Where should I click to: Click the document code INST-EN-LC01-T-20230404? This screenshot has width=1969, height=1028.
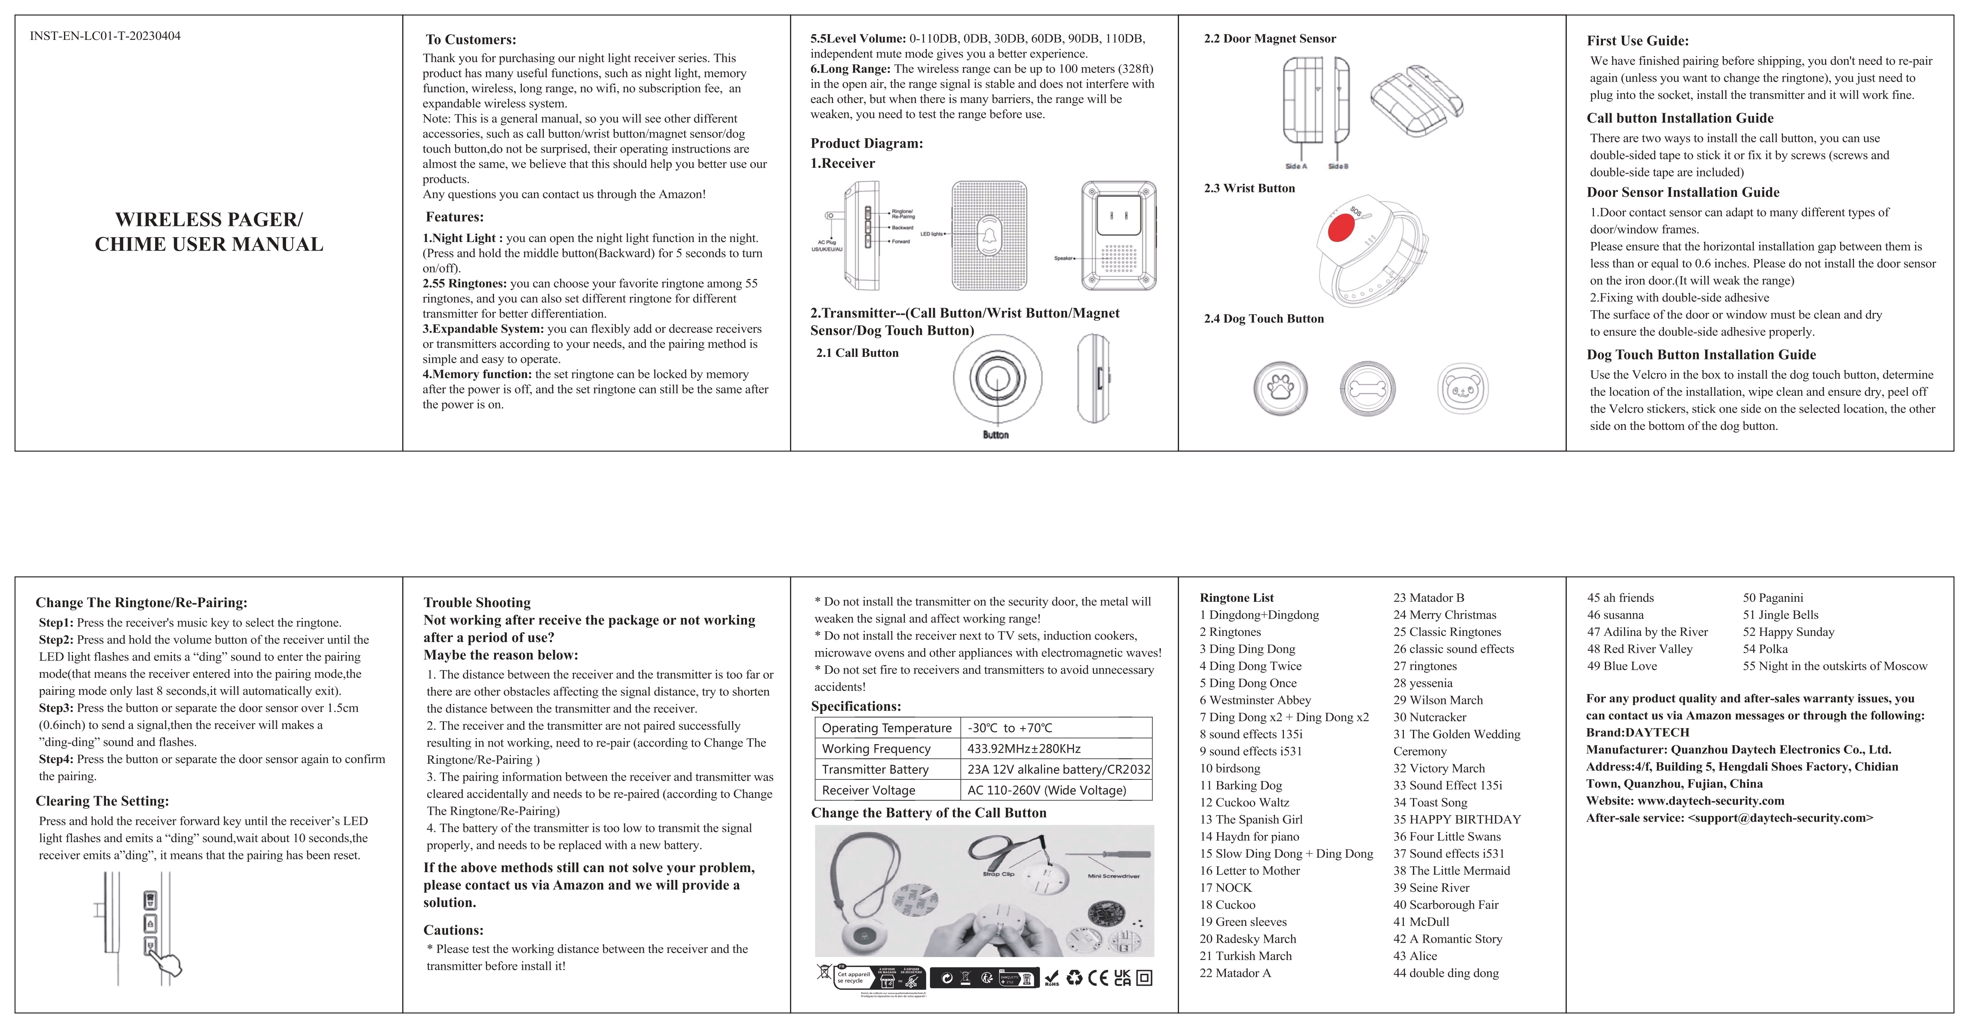pos(105,36)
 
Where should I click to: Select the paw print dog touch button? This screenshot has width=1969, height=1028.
pos(1280,388)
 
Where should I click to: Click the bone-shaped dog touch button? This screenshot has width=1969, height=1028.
pos(1367,389)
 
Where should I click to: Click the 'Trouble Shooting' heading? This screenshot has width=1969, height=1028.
pos(477,602)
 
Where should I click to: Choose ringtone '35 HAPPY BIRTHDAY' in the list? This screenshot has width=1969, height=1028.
pos(1457,819)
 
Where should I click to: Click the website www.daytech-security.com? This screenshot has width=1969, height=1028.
pos(1710,801)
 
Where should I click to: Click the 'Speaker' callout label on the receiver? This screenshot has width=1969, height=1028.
pos(1063,258)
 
